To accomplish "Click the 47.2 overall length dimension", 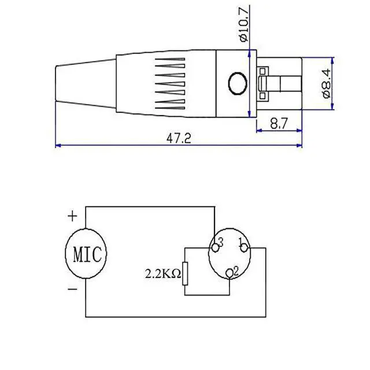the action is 179,138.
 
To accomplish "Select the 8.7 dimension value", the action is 279,123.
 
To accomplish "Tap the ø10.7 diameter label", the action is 244,24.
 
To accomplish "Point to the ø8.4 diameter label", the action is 327,83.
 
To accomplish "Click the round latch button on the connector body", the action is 238,83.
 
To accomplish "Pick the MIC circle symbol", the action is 86,253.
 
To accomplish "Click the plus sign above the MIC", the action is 72,216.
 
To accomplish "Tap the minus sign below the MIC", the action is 72,289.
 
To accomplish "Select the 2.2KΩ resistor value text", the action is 163,273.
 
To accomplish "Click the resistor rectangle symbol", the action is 185,273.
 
